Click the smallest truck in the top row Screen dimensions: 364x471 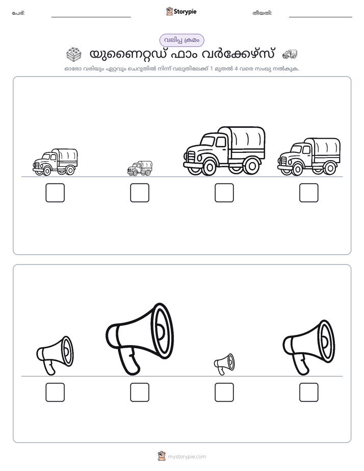click(140, 169)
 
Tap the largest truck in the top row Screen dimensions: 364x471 click(224, 151)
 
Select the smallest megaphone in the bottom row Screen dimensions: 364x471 click(224, 364)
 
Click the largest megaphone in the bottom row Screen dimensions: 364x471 click(140, 339)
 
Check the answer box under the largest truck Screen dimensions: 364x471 click(224, 193)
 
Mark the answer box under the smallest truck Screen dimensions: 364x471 click(140, 193)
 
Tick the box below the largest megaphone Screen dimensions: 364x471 click(140, 392)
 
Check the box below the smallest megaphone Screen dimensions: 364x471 click(224, 392)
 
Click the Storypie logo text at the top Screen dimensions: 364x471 click(185, 12)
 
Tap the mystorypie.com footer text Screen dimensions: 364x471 click(187, 457)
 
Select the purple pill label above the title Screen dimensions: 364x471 click(181, 40)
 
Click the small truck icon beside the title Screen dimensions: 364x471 click(290, 54)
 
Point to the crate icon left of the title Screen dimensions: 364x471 click(74, 54)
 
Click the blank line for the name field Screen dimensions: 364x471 click(91, 17)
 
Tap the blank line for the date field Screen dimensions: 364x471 click(321, 17)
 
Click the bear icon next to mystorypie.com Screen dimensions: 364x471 click(162, 456)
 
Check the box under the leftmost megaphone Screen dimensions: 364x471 click(55, 392)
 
